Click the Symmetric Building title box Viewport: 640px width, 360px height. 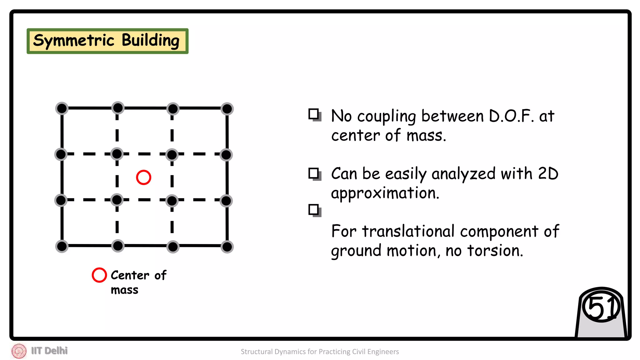pyautogui.click(x=107, y=41)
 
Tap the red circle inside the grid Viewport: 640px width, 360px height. pyautogui.click(x=143, y=177)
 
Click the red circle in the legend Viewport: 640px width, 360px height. pyautogui.click(x=99, y=275)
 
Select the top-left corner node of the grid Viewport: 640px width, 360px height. pyautogui.click(x=62, y=108)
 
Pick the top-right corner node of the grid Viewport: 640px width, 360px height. pyautogui.click(x=227, y=109)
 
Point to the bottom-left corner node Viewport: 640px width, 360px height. pyautogui.click(x=62, y=246)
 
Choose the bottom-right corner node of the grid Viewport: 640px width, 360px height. pyautogui.click(x=227, y=247)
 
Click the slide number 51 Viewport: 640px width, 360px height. pyautogui.click(x=601, y=307)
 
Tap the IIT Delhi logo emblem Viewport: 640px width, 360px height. pyautogui.click(x=19, y=351)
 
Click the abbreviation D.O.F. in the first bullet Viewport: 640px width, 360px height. pyautogui.click(x=511, y=116)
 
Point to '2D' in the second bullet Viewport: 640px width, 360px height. pyautogui.click(x=548, y=174)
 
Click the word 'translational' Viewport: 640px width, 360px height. pyautogui.click(x=408, y=232)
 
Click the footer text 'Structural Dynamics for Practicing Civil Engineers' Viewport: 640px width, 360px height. pyautogui.click(x=320, y=352)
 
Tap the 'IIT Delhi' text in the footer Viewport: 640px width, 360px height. pyautogui.click(x=49, y=351)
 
